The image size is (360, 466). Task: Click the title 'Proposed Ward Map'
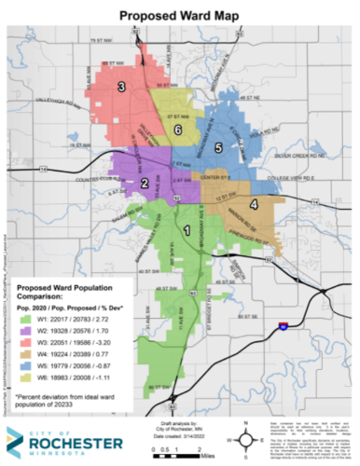(x=180, y=15)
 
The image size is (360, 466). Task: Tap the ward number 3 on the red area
(x=121, y=88)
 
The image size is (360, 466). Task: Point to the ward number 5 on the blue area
(x=218, y=147)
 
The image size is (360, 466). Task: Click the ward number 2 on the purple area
(x=145, y=184)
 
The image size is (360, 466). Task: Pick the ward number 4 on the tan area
(x=253, y=204)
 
